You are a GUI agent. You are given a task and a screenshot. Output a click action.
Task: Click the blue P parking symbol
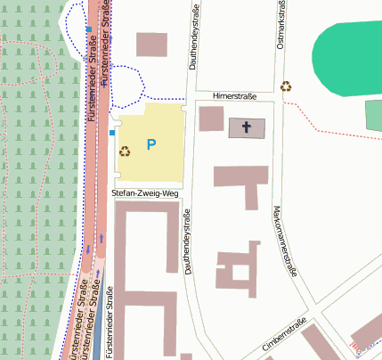pos(151,144)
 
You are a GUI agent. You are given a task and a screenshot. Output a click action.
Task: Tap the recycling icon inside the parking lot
pos(125,151)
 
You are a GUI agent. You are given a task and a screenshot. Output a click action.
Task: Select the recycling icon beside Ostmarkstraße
pos(286,86)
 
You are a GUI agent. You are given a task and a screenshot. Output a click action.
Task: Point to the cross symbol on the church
pos(247,127)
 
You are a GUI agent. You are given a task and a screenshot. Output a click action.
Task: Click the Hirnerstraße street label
pos(234,95)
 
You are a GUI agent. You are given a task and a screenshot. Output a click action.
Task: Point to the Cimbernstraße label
pos(284,331)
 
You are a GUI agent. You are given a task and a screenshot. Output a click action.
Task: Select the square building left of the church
pos(211,119)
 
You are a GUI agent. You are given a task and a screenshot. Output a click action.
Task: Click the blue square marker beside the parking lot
pos(112,133)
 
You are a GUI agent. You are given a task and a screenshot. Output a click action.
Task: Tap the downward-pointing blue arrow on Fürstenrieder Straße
pos(87,248)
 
